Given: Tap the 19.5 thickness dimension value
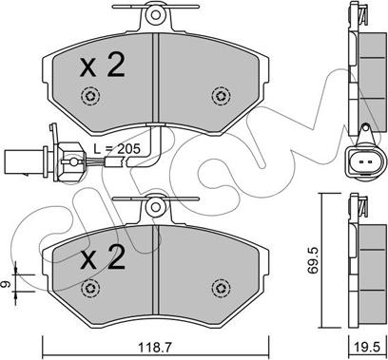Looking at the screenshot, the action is tap(367, 348).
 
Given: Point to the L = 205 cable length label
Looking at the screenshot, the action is tap(117, 148).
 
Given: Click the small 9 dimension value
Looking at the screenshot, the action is tap(7, 284).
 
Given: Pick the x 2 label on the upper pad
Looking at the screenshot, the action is tap(102, 66).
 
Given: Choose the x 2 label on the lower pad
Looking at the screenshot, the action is tap(102, 257).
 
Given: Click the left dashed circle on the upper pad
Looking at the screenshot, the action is tap(90, 95).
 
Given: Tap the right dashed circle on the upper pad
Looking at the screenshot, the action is tap(221, 95).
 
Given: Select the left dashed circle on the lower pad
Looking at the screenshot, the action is tap(90, 288).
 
